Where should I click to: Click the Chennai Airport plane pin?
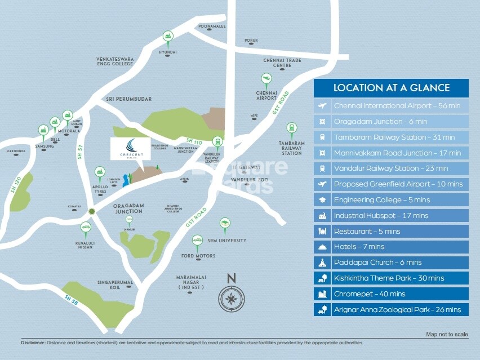click(x=266, y=80)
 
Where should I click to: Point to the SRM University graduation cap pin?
click(x=225, y=224)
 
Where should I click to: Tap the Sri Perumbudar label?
click(x=129, y=99)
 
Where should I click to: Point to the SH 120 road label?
click(x=15, y=184)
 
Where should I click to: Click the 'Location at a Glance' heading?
click(x=391, y=88)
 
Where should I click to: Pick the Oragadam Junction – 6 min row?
click(x=391, y=121)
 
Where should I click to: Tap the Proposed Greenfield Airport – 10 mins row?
click(x=391, y=184)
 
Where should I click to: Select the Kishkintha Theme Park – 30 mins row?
click(x=391, y=278)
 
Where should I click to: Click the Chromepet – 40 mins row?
click(x=391, y=294)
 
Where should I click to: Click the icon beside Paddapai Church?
click(x=323, y=263)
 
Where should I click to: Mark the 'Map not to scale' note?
click(x=447, y=335)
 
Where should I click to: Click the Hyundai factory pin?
click(x=168, y=37)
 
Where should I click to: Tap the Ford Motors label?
click(x=198, y=256)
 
